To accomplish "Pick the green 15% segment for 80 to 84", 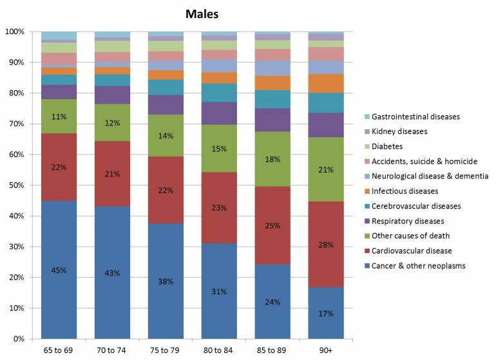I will pyautogui.click(x=219, y=148).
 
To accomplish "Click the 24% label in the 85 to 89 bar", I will pyautogui.click(x=272, y=301).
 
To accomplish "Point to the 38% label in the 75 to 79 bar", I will pyautogui.click(x=166, y=281).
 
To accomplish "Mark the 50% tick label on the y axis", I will pyautogui.click(x=15, y=185).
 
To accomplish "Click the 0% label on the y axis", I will pyautogui.click(x=18, y=339).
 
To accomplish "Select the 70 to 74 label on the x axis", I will pyautogui.click(x=113, y=351).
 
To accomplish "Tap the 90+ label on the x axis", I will pyautogui.click(x=326, y=351).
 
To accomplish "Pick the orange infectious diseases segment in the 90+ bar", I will pyautogui.click(x=326, y=84).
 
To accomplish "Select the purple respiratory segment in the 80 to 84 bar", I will pyautogui.click(x=219, y=113).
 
